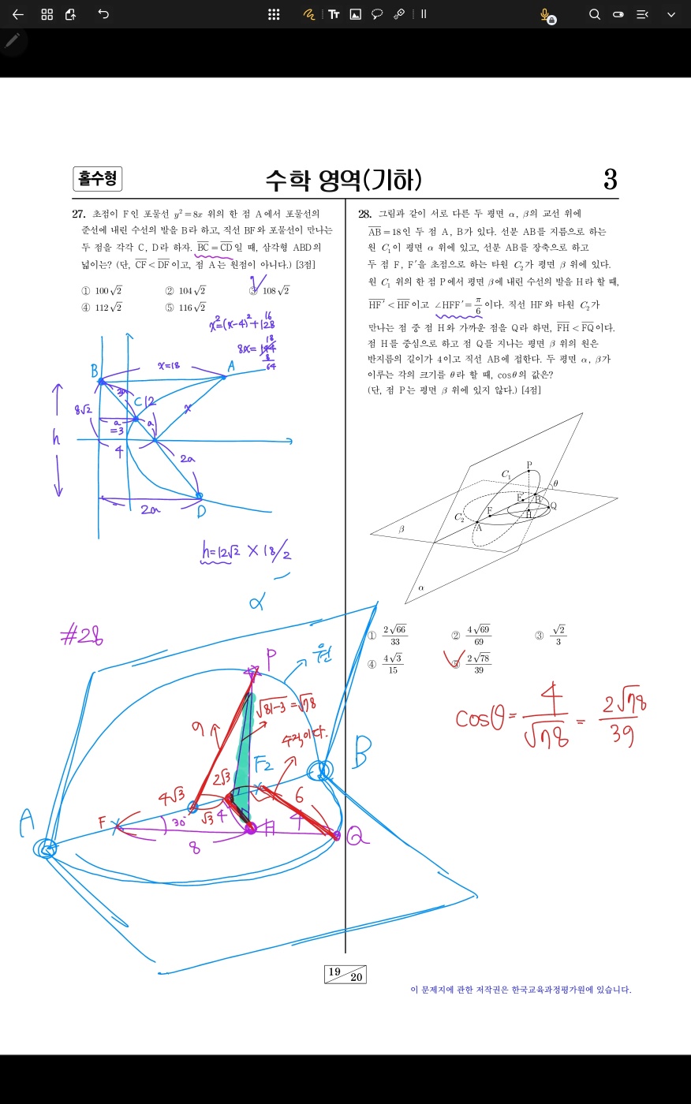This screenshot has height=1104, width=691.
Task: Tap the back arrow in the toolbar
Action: (18, 14)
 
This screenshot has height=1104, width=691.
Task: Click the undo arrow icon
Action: (103, 14)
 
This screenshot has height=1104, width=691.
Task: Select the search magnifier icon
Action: (595, 14)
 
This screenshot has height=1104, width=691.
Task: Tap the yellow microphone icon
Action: (544, 14)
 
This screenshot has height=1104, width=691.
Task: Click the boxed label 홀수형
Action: (97, 179)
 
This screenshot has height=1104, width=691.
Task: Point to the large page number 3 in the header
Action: (610, 180)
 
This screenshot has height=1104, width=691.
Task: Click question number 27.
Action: (79, 214)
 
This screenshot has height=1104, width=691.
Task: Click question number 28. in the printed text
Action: (364, 214)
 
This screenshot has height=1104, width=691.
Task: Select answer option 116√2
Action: (191, 308)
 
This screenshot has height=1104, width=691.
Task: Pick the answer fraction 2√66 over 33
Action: (394, 635)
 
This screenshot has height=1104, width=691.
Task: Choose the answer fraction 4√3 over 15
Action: (393, 663)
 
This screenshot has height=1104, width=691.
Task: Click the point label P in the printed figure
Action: (529, 465)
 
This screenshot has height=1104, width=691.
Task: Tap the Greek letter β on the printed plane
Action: (401, 529)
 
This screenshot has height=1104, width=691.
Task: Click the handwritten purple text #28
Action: (82, 636)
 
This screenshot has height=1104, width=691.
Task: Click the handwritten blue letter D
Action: (202, 512)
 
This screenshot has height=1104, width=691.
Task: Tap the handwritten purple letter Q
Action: (357, 837)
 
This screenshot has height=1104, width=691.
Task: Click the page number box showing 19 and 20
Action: (345, 974)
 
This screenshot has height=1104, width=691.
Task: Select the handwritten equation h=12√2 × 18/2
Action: (246, 553)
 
